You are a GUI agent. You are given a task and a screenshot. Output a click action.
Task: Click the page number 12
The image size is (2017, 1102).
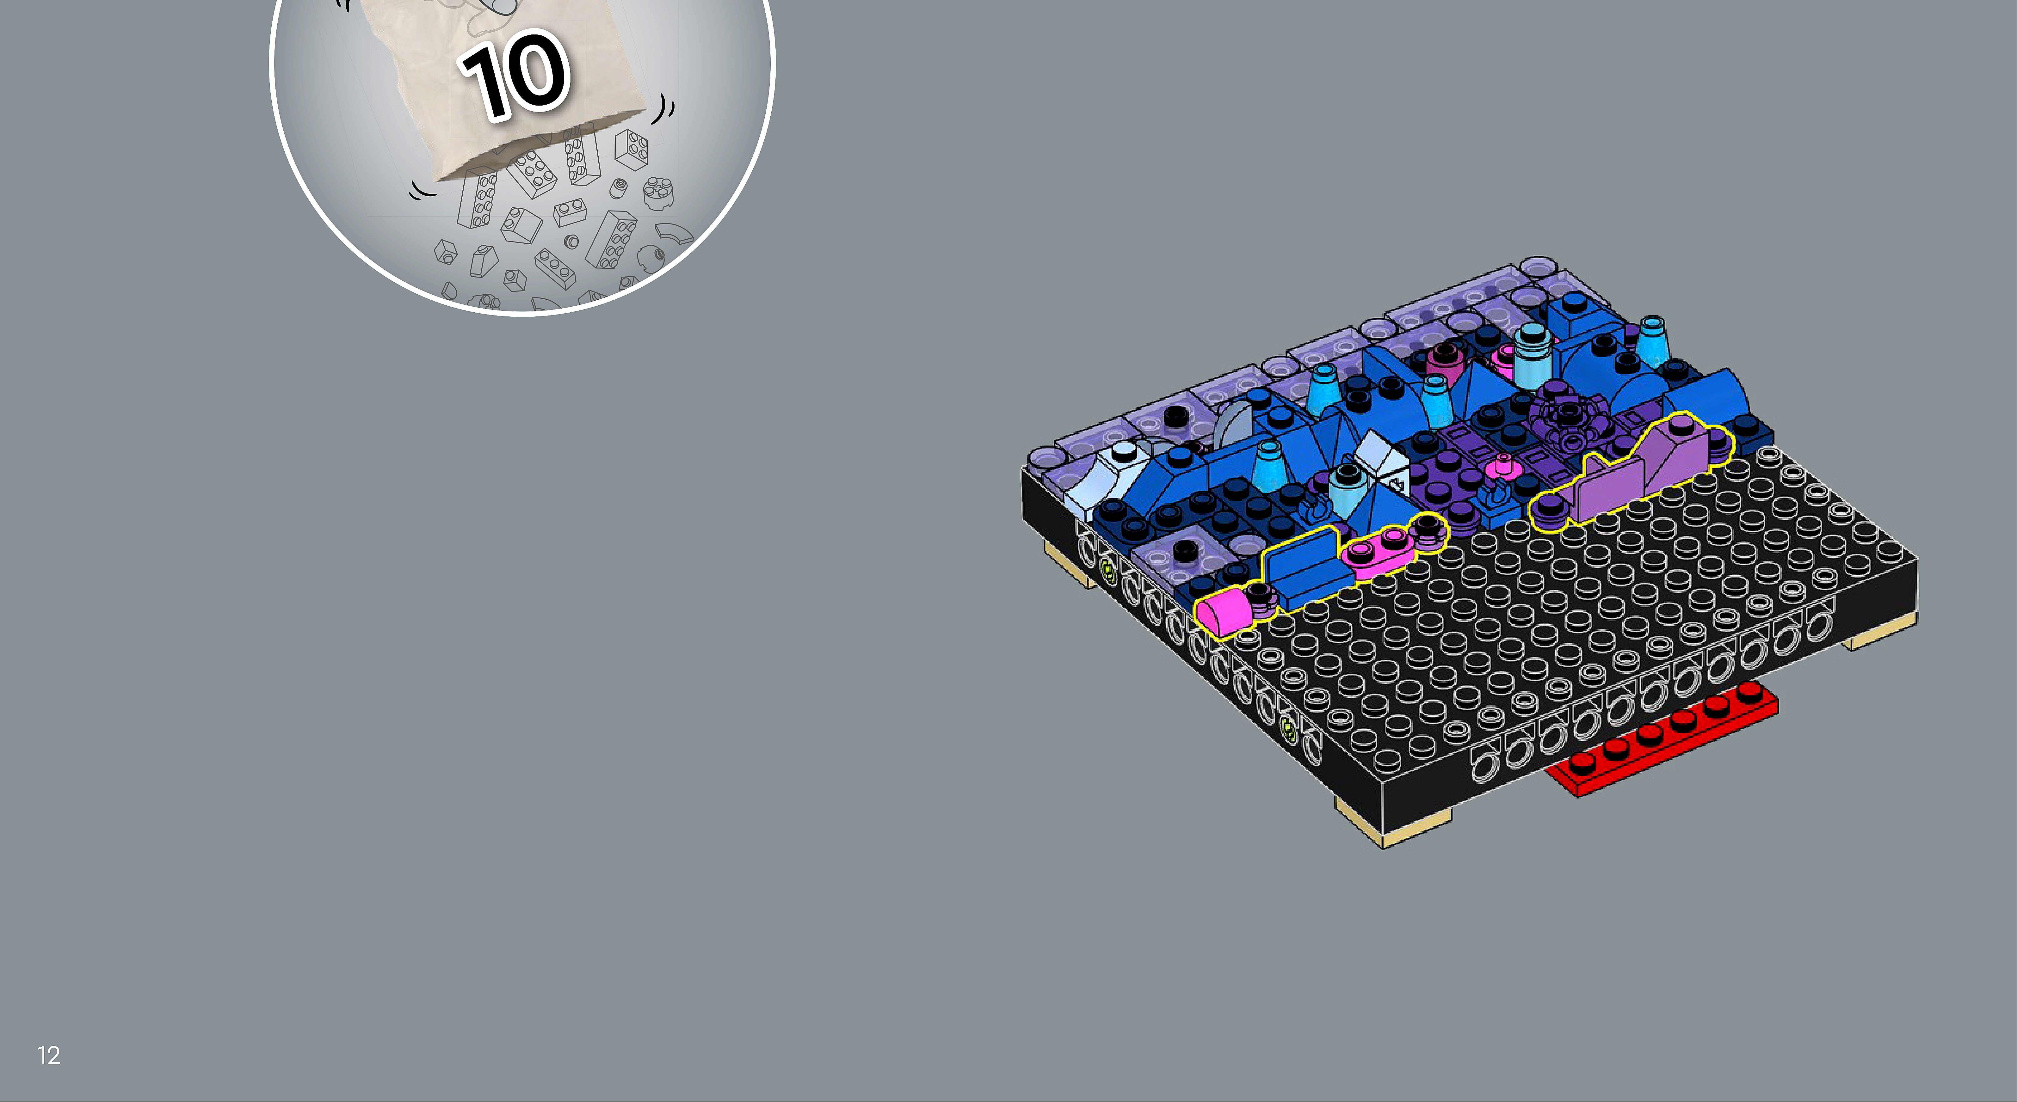(x=49, y=1055)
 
